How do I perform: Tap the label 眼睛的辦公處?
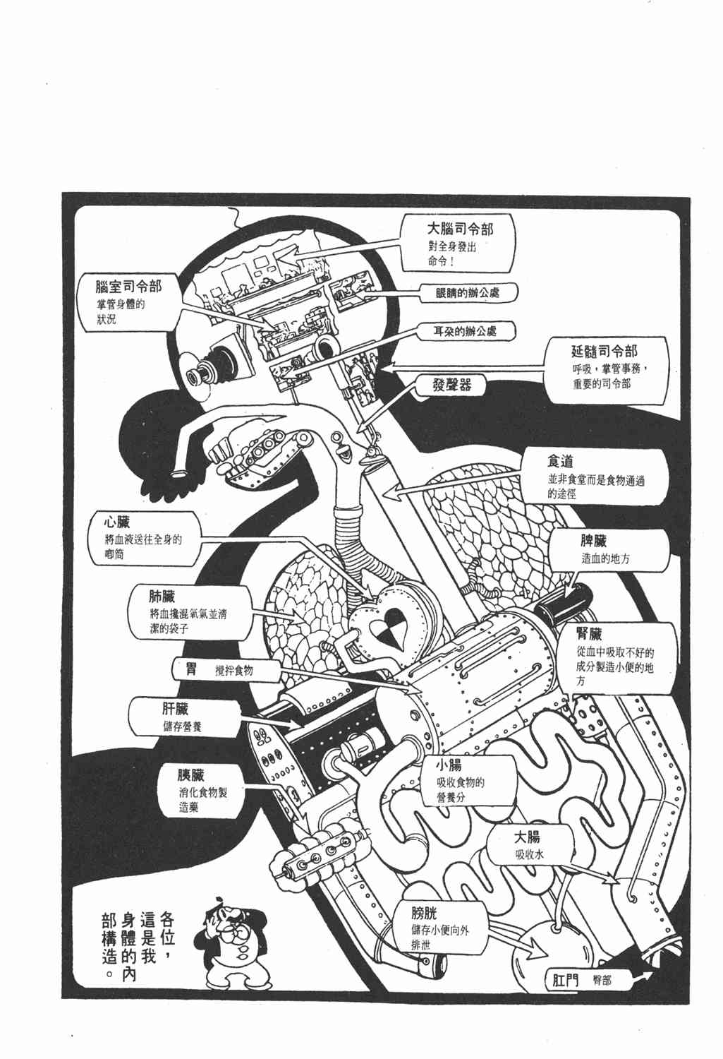pos(468,293)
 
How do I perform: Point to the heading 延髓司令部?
pos(604,351)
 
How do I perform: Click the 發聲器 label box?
pos(452,385)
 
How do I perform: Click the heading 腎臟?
pos(588,633)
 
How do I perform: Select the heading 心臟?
pos(117,523)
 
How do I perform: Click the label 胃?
pos(191,669)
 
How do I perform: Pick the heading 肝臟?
pos(174,708)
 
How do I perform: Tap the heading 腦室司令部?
pos(128,287)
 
